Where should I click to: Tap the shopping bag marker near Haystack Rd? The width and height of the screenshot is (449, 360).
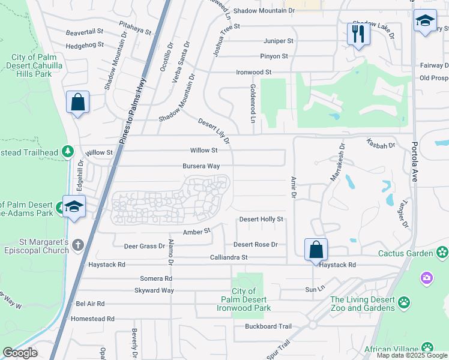pyautogui.click(x=316, y=249)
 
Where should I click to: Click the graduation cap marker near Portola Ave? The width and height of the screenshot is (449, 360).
pyautogui.click(x=425, y=22)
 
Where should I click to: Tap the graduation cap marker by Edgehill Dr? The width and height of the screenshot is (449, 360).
pyautogui.click(x=74, y=207)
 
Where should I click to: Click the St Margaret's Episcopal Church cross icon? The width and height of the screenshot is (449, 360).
pyautogui.click(x=78, y=245)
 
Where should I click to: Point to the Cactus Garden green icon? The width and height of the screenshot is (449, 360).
pyautogui.click(x=442, y=253)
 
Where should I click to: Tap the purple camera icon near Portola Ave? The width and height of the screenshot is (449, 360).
pyautogui.click(x=427, y=277)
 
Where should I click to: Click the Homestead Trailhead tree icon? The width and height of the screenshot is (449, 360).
pyautogui.click(x=68, y=151)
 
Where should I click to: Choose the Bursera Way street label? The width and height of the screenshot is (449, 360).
pyautogui.click(x=201, y=166)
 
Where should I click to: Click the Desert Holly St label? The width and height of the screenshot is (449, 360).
pyautogui.click(x=261, y=220)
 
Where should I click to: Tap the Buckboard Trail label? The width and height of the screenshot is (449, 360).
pyautogui.click(x=268, y=326)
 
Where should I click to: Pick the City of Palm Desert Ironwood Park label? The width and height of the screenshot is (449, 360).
pyautogui.click(x=244, y=299)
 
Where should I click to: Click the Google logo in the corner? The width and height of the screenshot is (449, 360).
pyautogui.click(x=20, y=353)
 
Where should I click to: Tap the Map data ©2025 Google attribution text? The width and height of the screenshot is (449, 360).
pyautogui.click(x=412, y=355)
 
